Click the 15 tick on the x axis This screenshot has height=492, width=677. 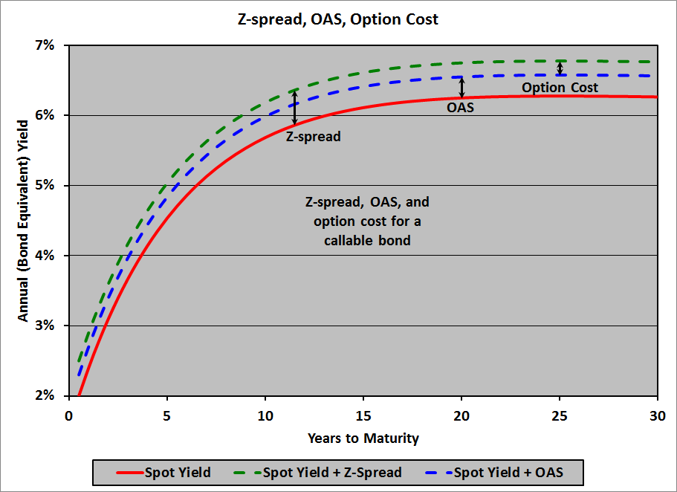(x=362, y=415)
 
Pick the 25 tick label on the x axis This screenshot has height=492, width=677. (x=559, y=415)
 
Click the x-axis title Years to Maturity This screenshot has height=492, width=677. (x=363, y=438)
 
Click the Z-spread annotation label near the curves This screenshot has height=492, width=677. (x=313, y=137)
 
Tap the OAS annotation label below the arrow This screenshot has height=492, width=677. (x=460, y=107)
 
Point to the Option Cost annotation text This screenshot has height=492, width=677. (x=560, y=88)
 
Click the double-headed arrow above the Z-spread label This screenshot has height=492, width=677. (x=294, y=108)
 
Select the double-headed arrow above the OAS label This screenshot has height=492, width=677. (x=461, y=87)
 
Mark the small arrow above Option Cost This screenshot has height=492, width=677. (x=560, y=68)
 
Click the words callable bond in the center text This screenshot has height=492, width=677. (x=367, y=242)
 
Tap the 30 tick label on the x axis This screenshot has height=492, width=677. (x=657, y=415)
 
